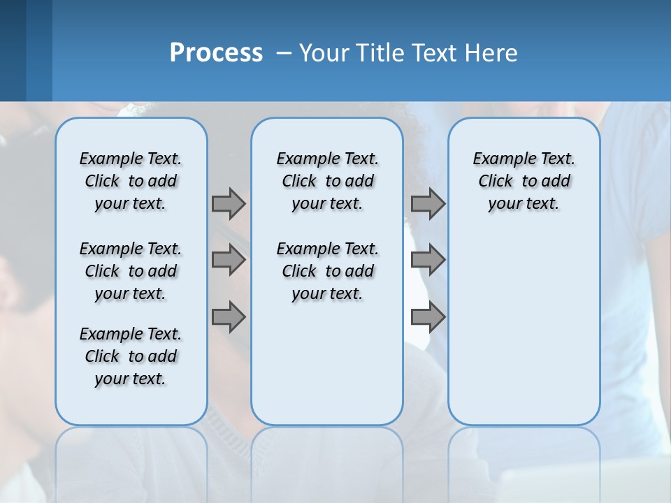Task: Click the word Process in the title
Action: pyautogui.click(x=216, y=52)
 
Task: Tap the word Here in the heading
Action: pyautogui.click(x=491, y=53)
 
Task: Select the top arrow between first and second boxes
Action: pyautogui.click(x=229, y=204)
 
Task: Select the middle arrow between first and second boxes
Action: pyautogui.click(x=229, y=261)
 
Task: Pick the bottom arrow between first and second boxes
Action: pyautogui.click(x=229, y=318)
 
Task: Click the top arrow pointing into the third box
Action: pyautogui.click(x=428, y=204)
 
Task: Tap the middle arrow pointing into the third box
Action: pyautogui.click(x=428, y=261)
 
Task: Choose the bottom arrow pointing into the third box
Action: pyautogui.click(x=428, y=318)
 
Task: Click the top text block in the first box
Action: pyautogui.click(x=131, y=181)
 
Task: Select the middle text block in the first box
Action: pyautogui.click(x=131, y=271)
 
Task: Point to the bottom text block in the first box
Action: pyautogui.click(x=131, y=356)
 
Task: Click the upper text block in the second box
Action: pyautogui.click(x=327, y=181)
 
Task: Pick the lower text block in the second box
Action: pyautogui.click(x=327, y=271)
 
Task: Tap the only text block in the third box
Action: pyautogui.click(x=524, y=181)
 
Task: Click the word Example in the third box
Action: pyautogui.click(x=498, y=159)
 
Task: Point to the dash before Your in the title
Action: pyautogui.click(x=284, y=53)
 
